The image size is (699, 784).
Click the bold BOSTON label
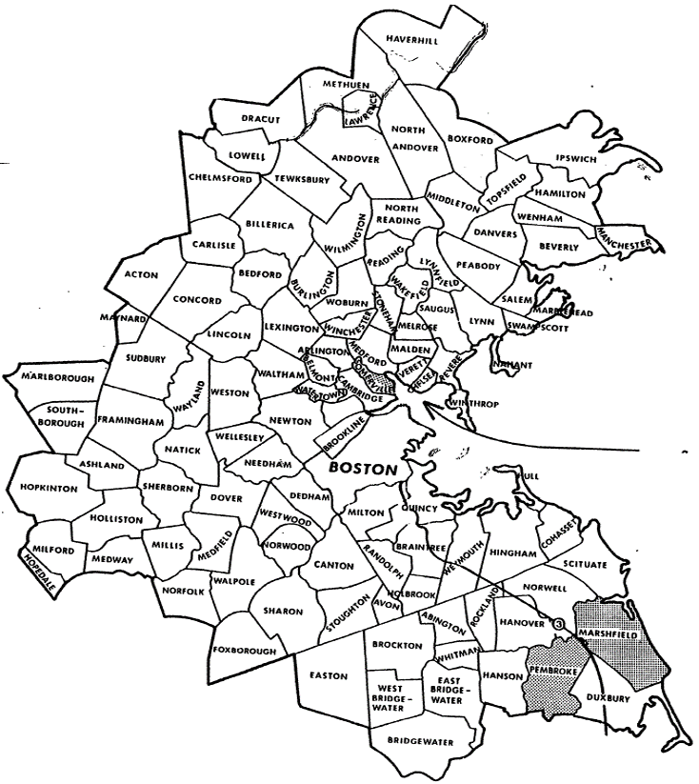click(362, 470)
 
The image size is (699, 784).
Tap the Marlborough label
click(59, 378)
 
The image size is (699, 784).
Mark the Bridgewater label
click(422, 742)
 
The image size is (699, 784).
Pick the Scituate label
click(584, 565)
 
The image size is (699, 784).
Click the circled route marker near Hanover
click(559, 623)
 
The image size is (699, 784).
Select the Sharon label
click(282, 610)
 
